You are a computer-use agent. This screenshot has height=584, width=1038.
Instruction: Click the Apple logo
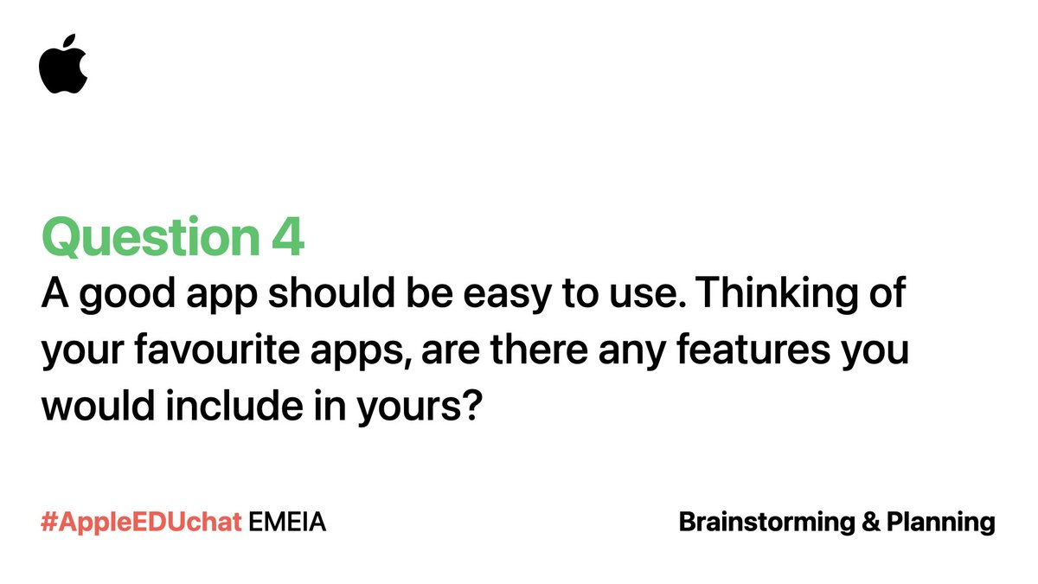[63, 64]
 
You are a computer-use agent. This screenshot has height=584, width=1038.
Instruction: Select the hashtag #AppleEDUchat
[141, 523]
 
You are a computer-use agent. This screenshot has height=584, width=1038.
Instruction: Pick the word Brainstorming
[766, 523]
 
